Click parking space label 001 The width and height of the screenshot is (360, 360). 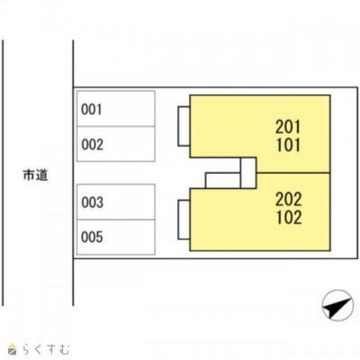pos(92,110)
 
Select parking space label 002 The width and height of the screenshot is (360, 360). pos(92,145)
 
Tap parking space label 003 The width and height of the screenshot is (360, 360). pos(92,202)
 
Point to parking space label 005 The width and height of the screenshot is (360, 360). pos(92,237)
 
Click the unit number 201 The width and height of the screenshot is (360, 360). pos(288,127)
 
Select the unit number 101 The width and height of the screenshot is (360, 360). pos(288,146)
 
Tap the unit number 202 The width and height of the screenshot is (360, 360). pos(289,200)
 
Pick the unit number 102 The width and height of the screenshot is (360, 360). pos(289,218)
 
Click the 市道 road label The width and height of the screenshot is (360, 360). pos(35,175)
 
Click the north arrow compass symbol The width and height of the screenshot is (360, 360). pos(337,304)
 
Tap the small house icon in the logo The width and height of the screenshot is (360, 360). pos(13,348)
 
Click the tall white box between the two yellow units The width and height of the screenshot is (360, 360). pos(248,173)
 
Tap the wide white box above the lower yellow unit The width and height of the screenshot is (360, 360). pos(223,181)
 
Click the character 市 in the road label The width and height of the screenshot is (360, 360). pos(29,175)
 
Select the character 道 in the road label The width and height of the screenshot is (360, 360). pos(42,175)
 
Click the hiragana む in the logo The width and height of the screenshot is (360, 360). pos(64,349)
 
